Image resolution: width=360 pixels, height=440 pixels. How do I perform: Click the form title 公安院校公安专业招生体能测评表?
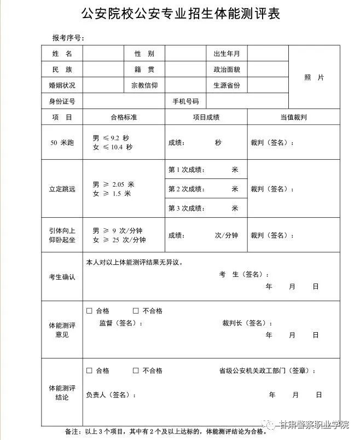click(180, 14)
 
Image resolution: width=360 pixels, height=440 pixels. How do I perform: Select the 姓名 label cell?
click(62, 54)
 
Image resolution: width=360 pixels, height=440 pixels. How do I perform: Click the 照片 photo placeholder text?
click(313, 78)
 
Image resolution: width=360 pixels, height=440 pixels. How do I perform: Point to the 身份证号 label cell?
click(62, 101)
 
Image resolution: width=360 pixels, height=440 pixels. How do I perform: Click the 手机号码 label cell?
click(185, 101)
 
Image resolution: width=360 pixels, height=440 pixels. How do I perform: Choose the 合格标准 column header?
click(124, 117)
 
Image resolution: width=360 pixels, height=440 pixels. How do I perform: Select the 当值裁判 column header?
click(293, 117)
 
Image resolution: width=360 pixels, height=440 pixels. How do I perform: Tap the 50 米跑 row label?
click(62, 142)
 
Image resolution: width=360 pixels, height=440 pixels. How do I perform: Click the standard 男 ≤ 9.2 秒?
click(111, 137)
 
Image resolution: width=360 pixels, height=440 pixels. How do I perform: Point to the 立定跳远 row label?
click(62, 189)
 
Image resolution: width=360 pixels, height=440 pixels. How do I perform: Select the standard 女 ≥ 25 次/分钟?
click(119, 240)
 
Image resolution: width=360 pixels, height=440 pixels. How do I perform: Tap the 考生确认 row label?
click(62, 277)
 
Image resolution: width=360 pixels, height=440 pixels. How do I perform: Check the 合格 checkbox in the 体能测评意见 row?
click(89, 311)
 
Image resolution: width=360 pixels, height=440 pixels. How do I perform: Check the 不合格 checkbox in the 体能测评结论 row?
click(136, 370)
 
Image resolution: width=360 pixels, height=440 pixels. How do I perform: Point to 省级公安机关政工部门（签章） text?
click(266, 371)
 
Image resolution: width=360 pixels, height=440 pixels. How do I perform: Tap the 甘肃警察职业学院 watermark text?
click(314, 424)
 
